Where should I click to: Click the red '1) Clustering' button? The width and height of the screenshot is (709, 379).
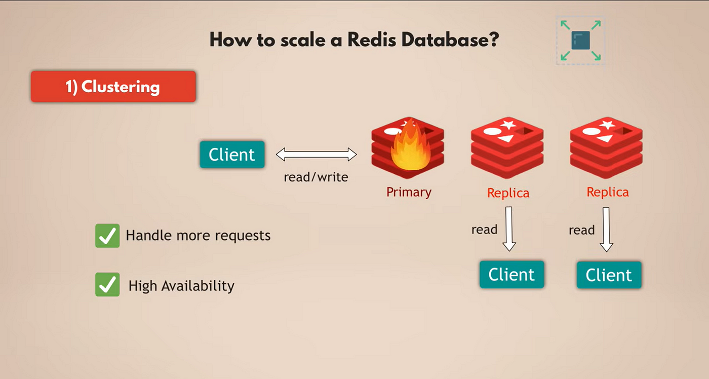(x=113, y=87)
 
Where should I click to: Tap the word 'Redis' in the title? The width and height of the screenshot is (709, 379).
(x=372, y=40)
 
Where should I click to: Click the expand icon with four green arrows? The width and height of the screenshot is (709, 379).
(x=580, y=40)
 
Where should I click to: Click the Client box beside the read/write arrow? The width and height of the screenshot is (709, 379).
(x=232, y=154)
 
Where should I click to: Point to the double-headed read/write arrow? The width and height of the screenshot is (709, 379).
(x=316, y=155)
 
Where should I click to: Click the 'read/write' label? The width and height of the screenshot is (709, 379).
(x=316, y=177)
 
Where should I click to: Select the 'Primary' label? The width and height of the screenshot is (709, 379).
(x=409, y=192)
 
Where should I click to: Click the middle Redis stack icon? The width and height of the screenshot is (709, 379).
(x=507, y=147)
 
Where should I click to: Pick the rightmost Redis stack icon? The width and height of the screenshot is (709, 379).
(x=606, y=147)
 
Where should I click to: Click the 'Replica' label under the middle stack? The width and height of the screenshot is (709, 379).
(x=508, y=193)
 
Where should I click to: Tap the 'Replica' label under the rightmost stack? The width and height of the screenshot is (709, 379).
(x=607, y=192)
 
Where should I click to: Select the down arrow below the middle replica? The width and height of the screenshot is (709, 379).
(x=509, y=229)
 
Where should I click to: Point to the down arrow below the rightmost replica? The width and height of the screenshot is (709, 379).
(x=606, y=230)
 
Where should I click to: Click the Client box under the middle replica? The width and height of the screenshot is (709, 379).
(x=512, y=275)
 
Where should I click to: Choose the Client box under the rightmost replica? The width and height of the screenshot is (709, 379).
(x=609, y=275)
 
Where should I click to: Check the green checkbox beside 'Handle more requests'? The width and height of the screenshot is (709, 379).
(x=107, y=236)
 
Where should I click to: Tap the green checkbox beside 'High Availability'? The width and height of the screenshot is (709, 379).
(x=107, y=284)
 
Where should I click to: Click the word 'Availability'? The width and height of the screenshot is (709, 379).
(x=198, y=286)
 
